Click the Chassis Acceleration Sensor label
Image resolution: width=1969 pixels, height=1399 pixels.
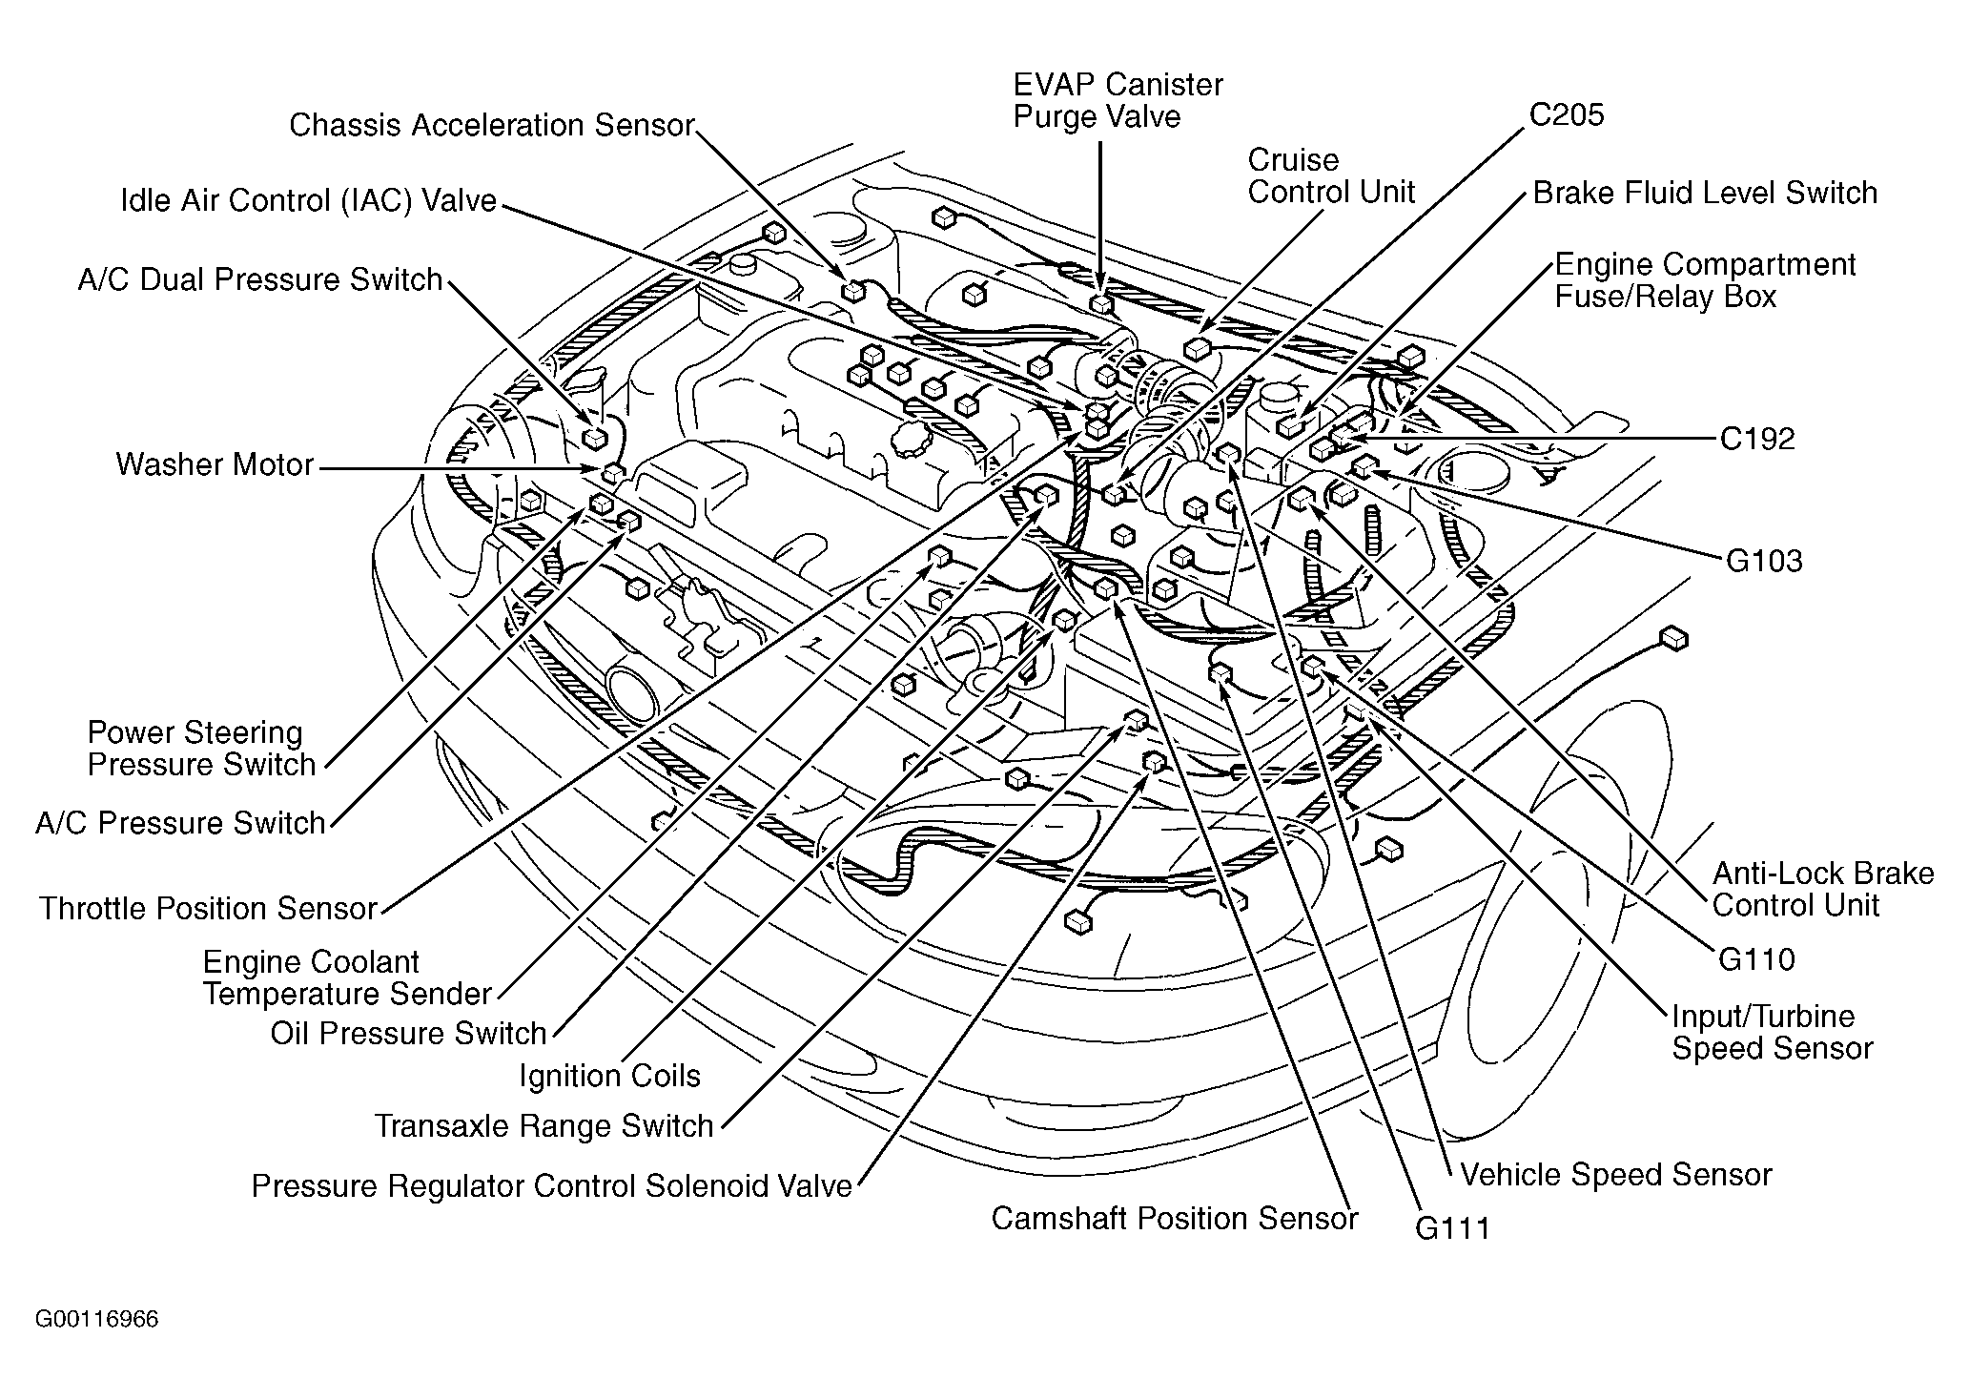[x=491, y=125]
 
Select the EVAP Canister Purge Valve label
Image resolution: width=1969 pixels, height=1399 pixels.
[x=1118, y=101]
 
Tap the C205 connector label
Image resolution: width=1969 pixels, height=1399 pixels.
[x=1567, y=115]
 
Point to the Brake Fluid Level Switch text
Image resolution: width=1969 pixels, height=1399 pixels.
[x=1705, y=194]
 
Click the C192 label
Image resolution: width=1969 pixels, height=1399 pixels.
[x=1757, y=439]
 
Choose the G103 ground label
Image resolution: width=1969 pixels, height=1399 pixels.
[x=1764, y=561]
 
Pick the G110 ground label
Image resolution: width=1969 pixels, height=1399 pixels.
[x=1756, y=959]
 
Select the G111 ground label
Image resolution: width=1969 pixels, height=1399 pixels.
[x=1451, y=1228]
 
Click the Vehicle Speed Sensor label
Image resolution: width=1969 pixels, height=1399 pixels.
[x=1615, y=1175]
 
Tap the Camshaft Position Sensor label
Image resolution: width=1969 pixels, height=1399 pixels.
[x=1174, y=1219]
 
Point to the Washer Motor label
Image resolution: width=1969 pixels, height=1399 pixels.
[x=215, y=465]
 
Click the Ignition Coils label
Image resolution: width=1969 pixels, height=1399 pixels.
[x=609, y=1077]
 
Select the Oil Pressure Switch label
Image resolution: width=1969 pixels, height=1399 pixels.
[x=408, y=1034]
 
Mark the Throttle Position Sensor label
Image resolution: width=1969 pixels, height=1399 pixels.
[x=208, y=909]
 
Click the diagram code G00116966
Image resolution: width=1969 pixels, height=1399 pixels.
[x=97, y=1320]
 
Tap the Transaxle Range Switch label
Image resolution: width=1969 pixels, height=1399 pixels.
[x=544, y=1127]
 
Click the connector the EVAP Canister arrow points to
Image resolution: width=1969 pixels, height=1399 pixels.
[x=1101, y=304]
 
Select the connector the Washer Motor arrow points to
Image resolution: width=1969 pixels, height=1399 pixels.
[x=613, y=472]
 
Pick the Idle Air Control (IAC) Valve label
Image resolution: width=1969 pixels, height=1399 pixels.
[x=308, y=201]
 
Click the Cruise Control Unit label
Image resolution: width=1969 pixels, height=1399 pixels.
[x=1331, y=176]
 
